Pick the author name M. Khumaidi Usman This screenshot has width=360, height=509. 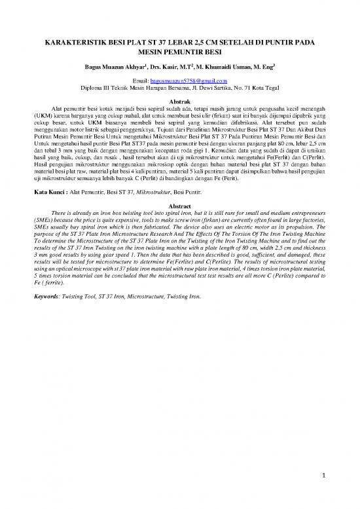coord(236,67)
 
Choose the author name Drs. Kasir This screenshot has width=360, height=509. coord(165,67)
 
